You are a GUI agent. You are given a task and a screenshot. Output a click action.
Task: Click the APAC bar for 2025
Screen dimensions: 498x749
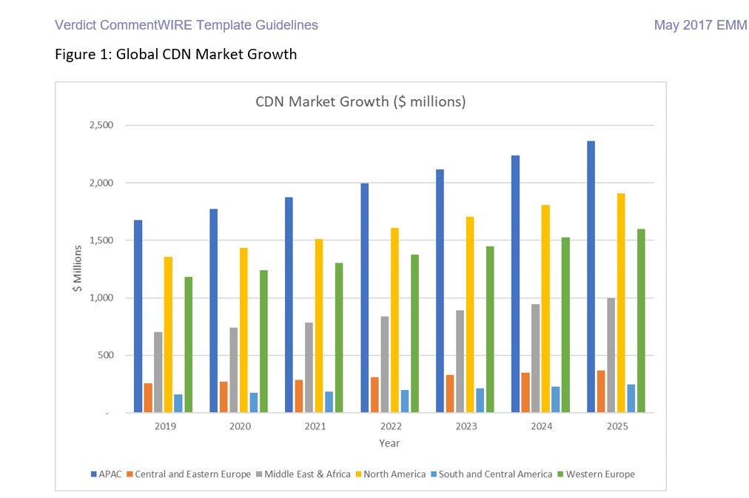(591, 277)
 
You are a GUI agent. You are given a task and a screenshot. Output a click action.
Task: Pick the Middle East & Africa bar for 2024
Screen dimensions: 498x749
(536, 358)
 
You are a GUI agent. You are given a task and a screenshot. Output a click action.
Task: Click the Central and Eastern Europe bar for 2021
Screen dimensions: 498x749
(299, 396)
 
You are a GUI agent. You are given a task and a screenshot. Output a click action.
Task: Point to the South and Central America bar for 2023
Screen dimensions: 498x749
(480, 400)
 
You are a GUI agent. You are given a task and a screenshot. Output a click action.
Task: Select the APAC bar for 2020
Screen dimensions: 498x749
(213, 311)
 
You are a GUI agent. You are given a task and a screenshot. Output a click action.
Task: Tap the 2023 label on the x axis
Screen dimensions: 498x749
(466, 426)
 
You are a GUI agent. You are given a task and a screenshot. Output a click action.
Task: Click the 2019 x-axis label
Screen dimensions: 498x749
(164, 426)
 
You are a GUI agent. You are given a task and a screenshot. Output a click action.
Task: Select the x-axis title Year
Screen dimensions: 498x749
(389, 443)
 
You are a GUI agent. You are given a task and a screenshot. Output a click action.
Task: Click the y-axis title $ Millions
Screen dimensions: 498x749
(78, 269)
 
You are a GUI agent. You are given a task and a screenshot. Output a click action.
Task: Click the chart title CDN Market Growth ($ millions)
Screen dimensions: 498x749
(360, 101)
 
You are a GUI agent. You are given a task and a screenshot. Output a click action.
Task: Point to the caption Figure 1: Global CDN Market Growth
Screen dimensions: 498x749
(175, 54)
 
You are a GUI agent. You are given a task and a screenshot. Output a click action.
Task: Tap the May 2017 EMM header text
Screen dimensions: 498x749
(700, 25)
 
